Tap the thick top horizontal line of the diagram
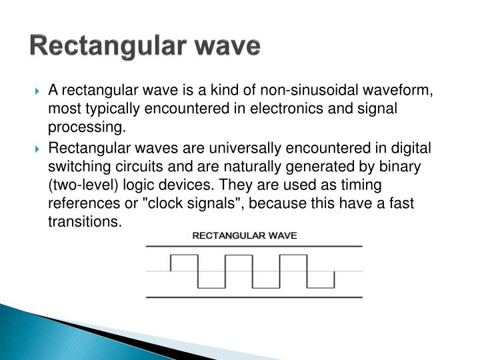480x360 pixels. coord(254,247)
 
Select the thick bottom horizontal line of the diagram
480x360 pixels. coord(254,296)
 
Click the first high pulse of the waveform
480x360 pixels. coord(184,255)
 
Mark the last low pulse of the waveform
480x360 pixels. coord(321,287)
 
